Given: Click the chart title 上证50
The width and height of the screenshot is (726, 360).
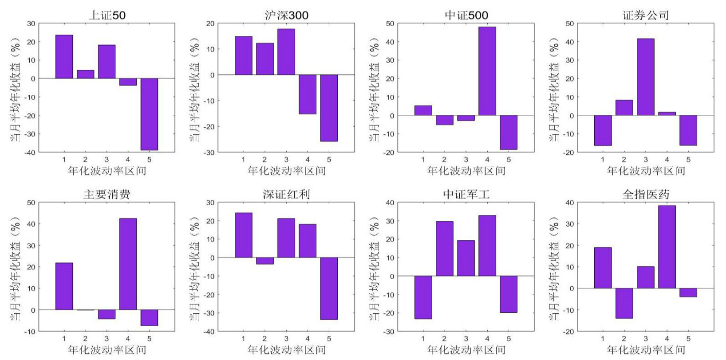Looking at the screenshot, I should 107,15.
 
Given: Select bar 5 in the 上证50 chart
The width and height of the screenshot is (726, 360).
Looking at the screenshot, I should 149,114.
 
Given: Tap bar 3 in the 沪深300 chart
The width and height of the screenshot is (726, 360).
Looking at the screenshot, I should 286,52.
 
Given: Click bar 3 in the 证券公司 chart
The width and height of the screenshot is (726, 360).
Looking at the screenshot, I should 646,77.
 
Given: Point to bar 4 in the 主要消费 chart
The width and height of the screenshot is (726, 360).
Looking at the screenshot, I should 128,264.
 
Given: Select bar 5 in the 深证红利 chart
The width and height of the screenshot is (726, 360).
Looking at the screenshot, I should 329,288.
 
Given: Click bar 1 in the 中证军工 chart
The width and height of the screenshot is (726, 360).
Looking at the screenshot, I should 423,297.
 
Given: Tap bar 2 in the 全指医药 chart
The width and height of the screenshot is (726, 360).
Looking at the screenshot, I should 624,303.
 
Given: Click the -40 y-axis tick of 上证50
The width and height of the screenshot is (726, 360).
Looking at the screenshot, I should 31,152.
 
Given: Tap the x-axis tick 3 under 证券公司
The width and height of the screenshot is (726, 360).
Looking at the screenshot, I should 646,159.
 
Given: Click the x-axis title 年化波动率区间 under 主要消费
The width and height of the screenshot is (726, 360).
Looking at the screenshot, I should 107,350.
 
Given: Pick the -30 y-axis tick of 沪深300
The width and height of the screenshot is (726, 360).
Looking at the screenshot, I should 211,152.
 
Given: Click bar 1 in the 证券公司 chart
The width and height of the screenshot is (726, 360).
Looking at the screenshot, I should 603,130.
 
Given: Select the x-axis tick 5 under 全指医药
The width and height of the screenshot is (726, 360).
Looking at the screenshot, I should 688,338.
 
